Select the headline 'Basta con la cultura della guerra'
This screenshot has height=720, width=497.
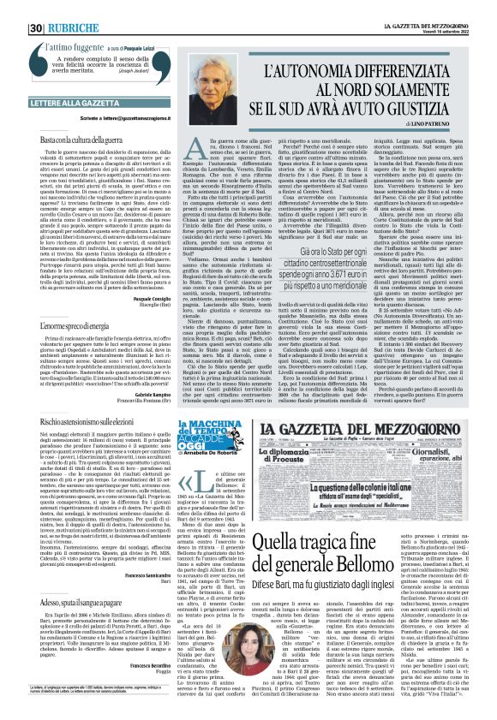[x=64, y=138]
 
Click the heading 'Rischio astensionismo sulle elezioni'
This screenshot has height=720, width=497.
[x=74, y=421]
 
